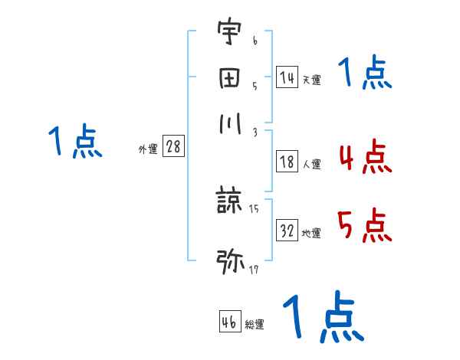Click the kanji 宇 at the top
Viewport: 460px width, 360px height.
tap(229, 33)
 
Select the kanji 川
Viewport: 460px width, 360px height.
tap(229, 123)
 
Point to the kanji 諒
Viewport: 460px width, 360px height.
tap(229, 201)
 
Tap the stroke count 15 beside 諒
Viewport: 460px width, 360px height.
tap(254, 208)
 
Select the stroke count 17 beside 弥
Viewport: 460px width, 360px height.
tap(254, 269)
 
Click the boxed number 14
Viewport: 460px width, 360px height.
tap(287, 77)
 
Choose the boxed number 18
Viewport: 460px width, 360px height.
tap(287, 162)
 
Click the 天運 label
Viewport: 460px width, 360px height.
tap(311, 80)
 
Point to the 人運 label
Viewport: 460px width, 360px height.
tap(311, 164)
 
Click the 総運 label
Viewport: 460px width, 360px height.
tap(255, 325)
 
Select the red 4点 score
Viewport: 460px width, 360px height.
tap(364, 159)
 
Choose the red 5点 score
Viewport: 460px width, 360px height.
tap(364, 226)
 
